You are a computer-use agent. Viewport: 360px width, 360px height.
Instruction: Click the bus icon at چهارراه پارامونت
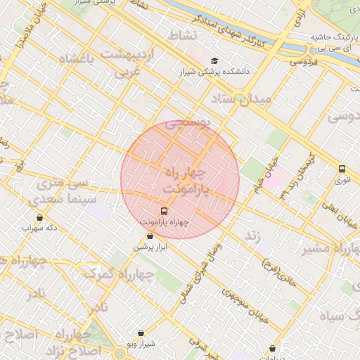click(x=165, y=210)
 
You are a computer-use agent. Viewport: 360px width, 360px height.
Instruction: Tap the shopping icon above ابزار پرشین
click(x=150, y=236)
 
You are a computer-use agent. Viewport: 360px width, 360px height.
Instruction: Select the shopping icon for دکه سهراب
click(x=39, y=217)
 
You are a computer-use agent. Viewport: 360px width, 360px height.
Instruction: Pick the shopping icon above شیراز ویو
click(x=141, y=333)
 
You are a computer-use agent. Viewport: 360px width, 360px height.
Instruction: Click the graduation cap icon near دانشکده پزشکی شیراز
click(x=214, y=60)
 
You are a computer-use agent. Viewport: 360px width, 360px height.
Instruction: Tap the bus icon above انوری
click(x=342, y=169)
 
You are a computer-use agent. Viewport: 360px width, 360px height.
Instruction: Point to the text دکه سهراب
click(x=38, y=228)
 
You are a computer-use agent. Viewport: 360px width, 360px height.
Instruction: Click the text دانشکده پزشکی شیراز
click(x=210, y=72)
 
